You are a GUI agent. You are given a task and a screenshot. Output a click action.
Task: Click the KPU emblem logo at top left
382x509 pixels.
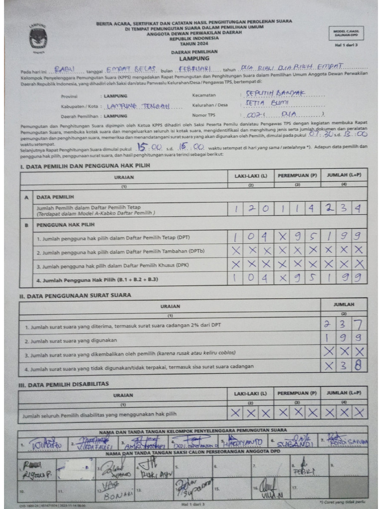[x=38, y=37]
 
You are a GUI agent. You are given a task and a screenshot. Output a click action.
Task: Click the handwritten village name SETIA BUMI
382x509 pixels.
[x=264, y=103]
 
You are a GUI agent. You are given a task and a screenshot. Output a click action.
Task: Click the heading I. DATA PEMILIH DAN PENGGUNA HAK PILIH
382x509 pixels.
[x=84, y=166]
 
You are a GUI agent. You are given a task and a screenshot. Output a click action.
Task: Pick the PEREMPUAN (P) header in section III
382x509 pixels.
[x=297, y=393]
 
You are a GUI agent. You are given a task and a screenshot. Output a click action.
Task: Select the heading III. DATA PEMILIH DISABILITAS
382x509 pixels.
[x=63, y=384]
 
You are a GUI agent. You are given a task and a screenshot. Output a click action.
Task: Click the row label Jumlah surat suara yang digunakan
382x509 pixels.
[x=71, y=340]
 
